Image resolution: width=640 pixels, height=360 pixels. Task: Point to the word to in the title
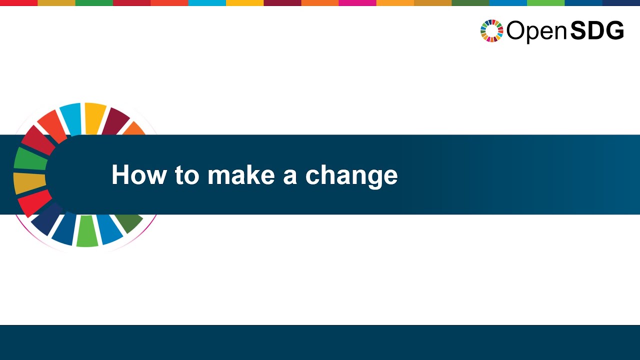click(186, 175)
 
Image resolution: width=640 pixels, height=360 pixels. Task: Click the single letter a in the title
click(289, 176)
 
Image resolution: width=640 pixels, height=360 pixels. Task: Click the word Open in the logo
click(536, 31)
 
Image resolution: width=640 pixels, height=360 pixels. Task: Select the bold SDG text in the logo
click(597, 31)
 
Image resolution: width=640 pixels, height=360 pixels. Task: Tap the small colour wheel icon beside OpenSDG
click(491, 31)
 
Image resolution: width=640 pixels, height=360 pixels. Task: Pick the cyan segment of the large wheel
click(71, 118)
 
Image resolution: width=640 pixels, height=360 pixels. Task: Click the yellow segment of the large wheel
click(94, 117)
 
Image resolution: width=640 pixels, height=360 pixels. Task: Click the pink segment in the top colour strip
click(357, 2)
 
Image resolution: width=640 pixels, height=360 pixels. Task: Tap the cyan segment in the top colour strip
click(207, 2)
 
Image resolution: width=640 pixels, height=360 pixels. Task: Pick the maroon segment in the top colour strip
click(282, 2)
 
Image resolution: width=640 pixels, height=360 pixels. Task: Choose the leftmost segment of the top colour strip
click(18, 2)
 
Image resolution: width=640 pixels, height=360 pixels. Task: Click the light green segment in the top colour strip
click(545, 2)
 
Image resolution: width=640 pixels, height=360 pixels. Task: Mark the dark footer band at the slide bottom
click(320, 342)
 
